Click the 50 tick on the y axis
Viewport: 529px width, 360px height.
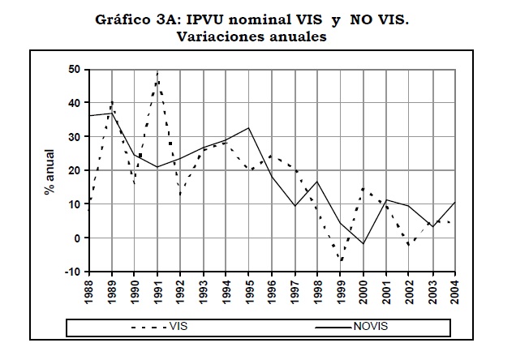point(73,70)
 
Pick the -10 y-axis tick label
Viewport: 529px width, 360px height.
point(71,272)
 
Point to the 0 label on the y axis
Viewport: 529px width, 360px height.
point(75,238)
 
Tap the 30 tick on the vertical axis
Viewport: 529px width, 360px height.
point(73,137)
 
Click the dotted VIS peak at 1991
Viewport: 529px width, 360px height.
point(157,73)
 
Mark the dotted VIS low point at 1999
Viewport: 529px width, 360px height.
point(341,261)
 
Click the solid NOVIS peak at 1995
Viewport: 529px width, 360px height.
point(249,128)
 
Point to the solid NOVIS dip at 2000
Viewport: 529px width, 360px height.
point(363,243)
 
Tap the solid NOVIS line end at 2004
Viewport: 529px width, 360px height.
point(454,203)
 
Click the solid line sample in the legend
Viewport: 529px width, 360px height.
point(333,327)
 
